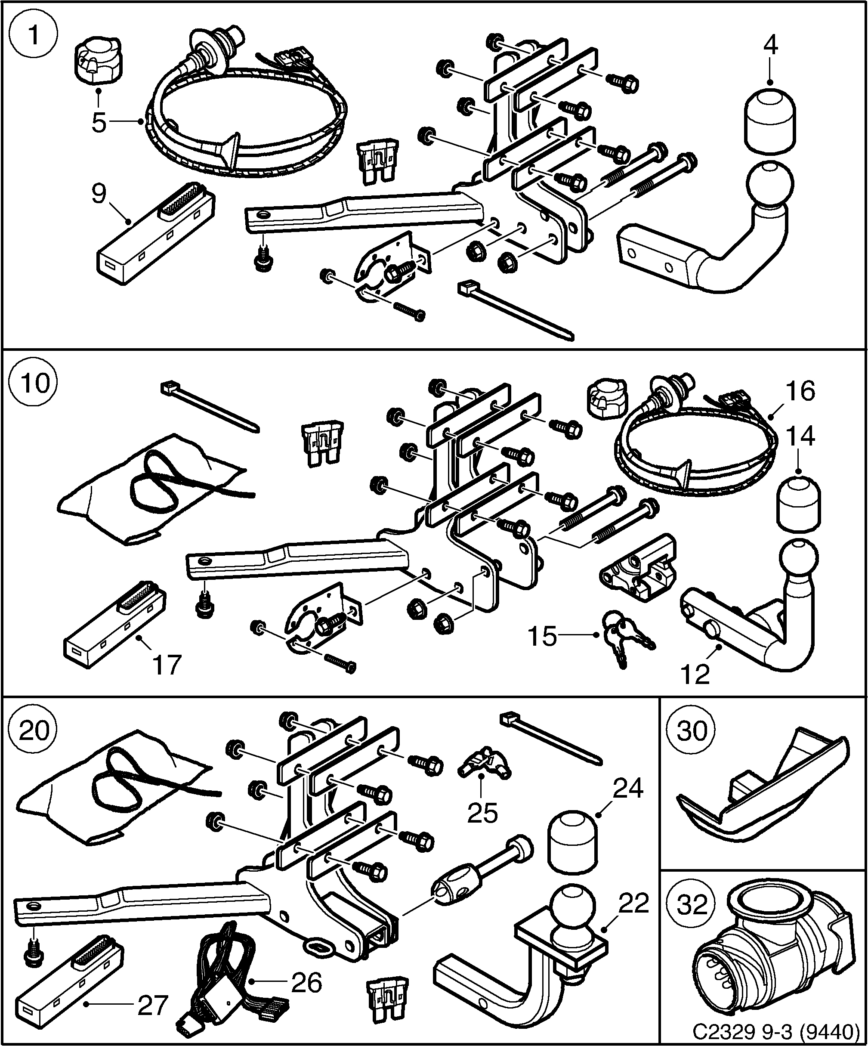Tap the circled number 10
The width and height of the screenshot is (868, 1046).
[x=34, y=384]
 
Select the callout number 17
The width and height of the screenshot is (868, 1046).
[x=167, y=665]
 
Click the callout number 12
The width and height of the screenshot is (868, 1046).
[x=695, y=674]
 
